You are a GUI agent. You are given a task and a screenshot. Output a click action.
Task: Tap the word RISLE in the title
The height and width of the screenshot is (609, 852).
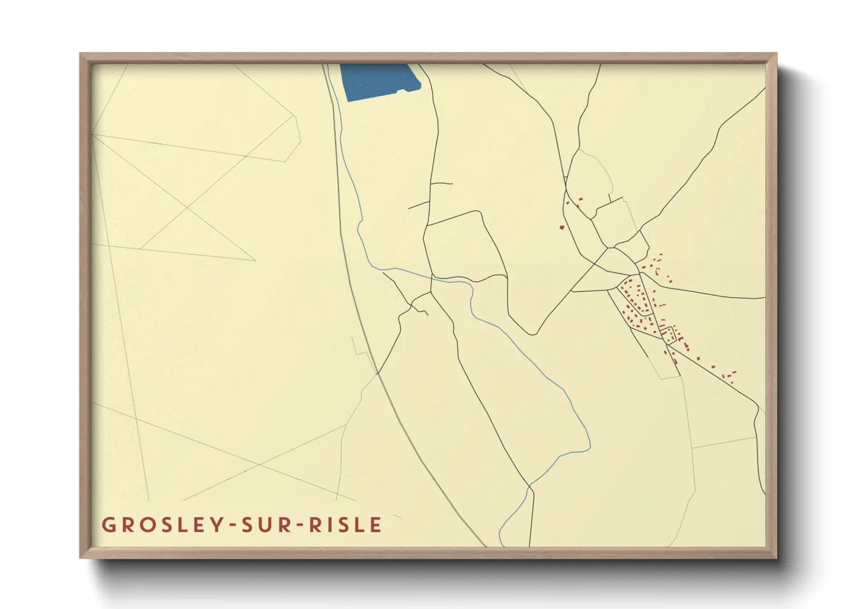345,525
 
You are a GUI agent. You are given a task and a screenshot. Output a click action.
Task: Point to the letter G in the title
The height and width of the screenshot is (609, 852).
108,525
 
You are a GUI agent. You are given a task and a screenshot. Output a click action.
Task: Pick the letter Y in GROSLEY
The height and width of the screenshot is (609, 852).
216,525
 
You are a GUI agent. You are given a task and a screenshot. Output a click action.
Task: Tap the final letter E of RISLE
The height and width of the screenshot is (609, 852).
376,525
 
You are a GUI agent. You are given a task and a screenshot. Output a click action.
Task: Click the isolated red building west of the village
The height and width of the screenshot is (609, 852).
562,227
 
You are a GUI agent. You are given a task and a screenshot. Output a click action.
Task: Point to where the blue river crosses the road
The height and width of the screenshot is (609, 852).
432,277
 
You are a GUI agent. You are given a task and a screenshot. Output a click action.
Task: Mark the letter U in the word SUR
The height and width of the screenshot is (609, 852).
265,525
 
